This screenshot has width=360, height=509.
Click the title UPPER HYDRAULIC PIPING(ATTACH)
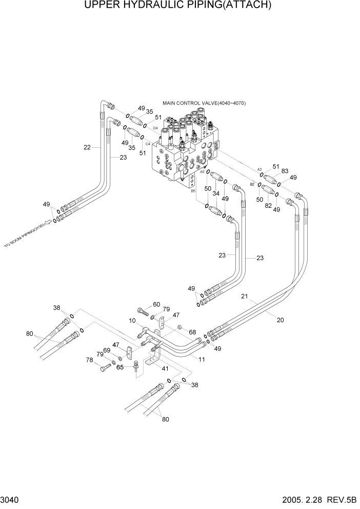point(180,6)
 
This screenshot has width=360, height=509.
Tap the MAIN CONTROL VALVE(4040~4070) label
point(204,103)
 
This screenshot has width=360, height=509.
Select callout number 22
point(87,147)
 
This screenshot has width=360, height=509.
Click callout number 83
point(285,171)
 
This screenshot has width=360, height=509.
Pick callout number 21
point(245,297)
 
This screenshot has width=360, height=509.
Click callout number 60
point(156,304)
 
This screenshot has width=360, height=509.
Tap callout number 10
point(132,321)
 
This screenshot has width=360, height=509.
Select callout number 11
point(202,360)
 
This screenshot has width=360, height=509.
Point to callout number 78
point(89,360)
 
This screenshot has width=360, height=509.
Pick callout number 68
point(192,332)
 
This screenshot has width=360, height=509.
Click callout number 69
point(107,350)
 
